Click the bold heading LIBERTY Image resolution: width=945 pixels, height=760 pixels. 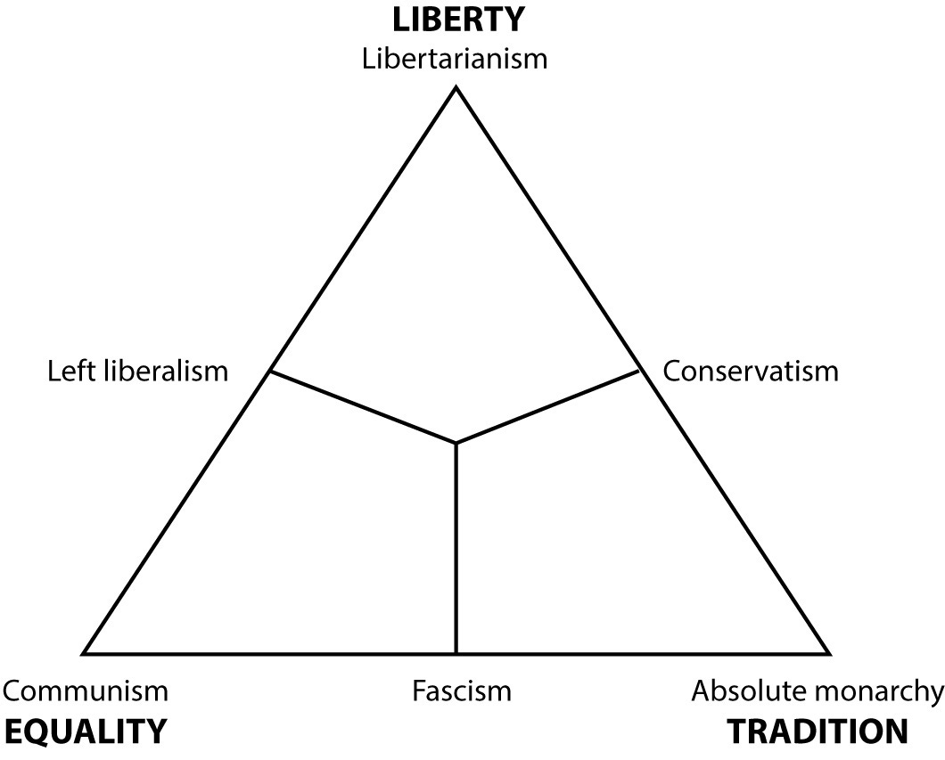tap(456, 18)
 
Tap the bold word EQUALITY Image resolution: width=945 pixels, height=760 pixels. tap(86, 731)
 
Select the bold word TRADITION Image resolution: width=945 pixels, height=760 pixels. tap(818, 731)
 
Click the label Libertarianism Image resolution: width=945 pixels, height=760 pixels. tap(456, 60)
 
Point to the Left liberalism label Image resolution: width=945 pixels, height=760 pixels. tap(138, 370)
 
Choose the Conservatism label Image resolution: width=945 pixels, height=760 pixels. tap(751, 370)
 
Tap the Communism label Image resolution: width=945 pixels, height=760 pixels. tap(86, 691)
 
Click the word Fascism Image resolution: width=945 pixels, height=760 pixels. tap(462, 691)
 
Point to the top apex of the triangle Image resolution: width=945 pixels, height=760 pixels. tap(456, 87)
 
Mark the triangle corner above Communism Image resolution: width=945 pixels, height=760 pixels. tap(85, 653)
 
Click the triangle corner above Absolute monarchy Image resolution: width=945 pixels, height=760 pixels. tap(828, 653)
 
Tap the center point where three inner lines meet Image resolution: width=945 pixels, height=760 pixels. tap(456, 442)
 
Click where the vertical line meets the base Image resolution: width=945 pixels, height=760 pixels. tap(456, 652)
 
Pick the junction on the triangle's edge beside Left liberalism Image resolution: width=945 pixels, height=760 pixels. tap(270, 371)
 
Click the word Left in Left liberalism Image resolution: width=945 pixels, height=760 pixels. tap(69, 370)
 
